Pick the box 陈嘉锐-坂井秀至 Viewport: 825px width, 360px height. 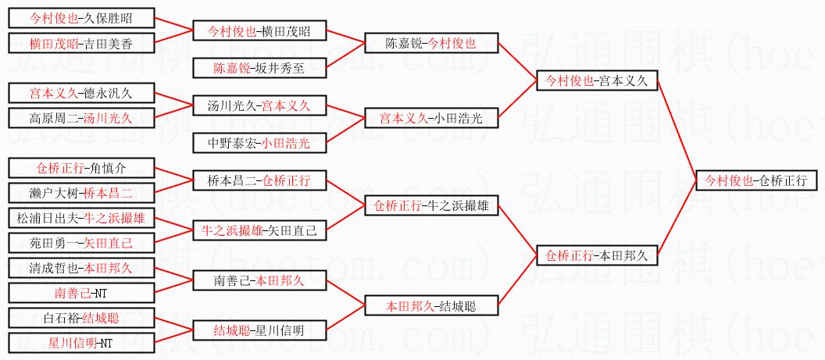(x=260, y=68)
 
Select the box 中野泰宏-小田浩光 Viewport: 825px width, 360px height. (x=259, y=143)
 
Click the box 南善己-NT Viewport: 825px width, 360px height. (x=80, y=293)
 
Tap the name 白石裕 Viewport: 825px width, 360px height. (x=62, y=318)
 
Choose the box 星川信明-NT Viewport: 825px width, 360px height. (x=80, y=342)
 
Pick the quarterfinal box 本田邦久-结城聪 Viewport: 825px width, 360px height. (x=430, y=305)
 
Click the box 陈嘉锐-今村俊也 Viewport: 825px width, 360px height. (x=430, y=44)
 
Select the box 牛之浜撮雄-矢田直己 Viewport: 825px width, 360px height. (x=259, y=230)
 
